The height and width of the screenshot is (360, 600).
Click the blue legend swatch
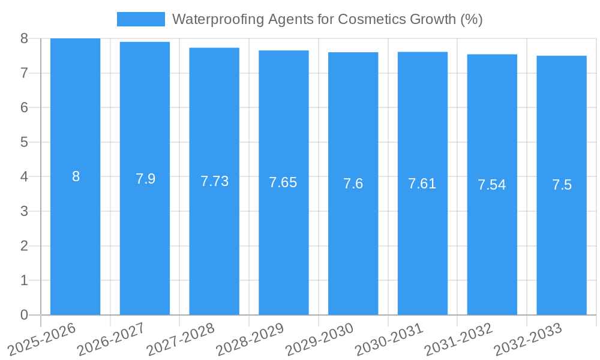pos(140,19)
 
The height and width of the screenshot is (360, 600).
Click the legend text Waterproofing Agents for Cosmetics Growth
pos(327,19)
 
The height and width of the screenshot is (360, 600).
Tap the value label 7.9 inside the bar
pos(145,179)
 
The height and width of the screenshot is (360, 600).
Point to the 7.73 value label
pos(214,181)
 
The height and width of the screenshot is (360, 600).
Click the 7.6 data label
pos(353,184)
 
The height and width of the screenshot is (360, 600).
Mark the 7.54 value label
pos(492,185)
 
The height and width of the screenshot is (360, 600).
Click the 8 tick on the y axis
pos(24,38)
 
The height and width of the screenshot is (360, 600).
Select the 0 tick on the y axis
pos(24,315)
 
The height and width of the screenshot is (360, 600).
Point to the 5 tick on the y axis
pos(24,142)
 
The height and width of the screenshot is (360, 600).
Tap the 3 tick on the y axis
pos(24,211)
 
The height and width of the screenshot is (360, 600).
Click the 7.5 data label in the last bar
pos(562,185)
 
